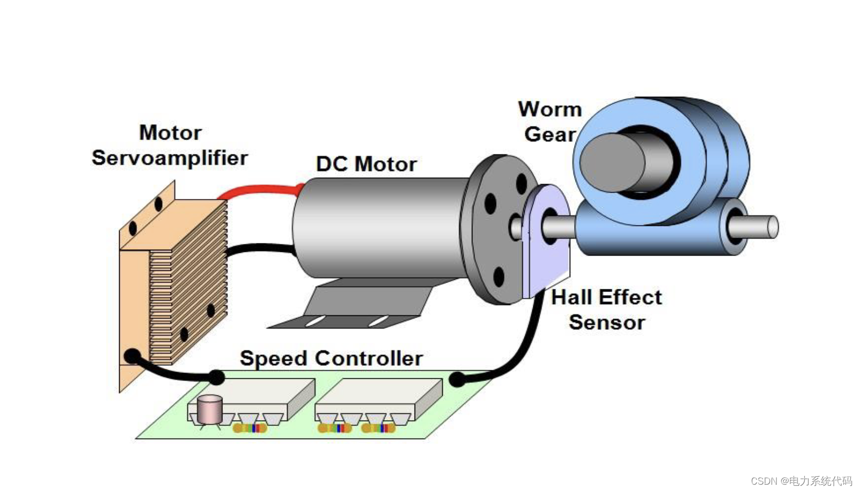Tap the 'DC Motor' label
coord(366,164)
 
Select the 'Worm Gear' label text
coord(550,122)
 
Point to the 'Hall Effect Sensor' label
coord(606,310)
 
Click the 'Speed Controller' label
coord(331,358)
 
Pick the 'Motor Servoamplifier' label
coord(169,145)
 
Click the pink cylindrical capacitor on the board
coord(210,410)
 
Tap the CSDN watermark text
coord(801,480)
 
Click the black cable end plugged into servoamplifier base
coord(132,356)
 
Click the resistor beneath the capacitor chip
coord(249,428)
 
